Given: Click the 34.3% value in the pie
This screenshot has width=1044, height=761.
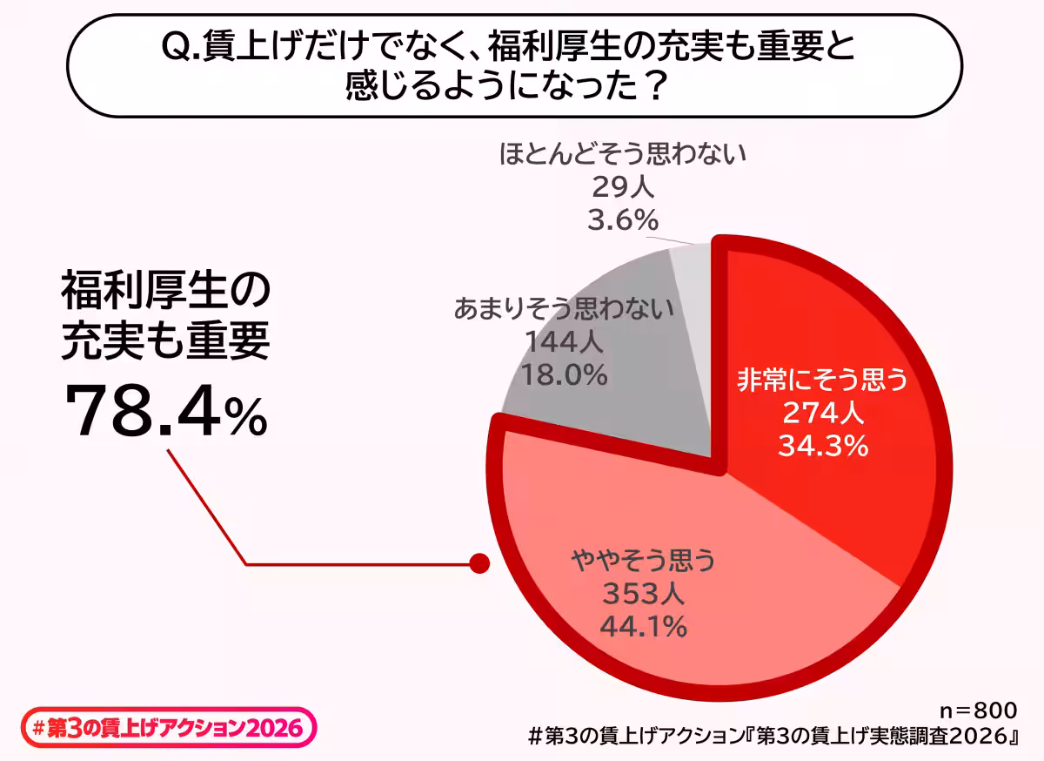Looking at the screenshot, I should coord(822,447).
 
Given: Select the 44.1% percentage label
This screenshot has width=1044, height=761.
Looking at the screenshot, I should coord(642,625).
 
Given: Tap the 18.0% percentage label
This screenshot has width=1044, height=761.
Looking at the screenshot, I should coord(563,374).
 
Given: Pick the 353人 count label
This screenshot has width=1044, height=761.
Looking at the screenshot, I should coord(642,594).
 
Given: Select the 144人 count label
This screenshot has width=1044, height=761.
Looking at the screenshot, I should coord(563,342).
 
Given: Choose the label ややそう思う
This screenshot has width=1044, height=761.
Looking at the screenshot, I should coord(642,561).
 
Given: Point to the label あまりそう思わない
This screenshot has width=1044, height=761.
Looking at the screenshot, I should coord(563,309).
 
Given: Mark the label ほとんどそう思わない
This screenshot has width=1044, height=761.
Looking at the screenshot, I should coord(623,156).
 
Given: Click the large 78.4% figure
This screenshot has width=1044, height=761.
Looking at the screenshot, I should coord(165,412).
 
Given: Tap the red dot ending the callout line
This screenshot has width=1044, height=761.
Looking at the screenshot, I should coord(478,563).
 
